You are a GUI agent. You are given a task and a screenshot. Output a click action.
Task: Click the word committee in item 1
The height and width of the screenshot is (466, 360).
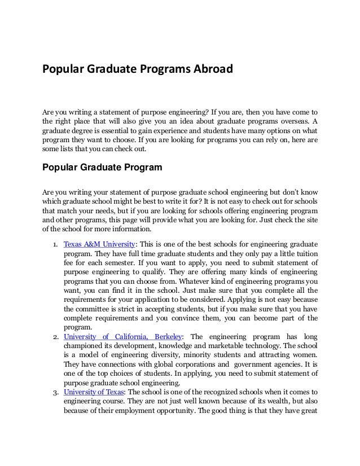[82, 309]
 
